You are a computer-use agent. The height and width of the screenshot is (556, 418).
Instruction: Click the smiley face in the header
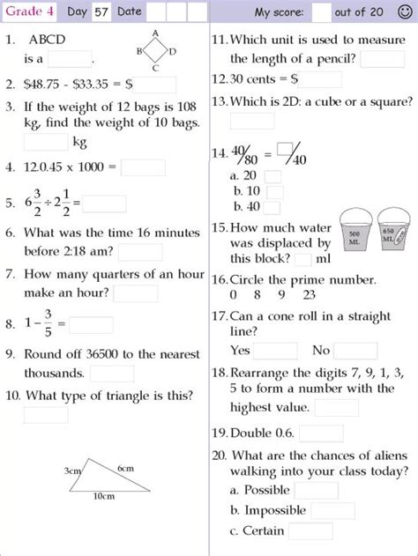405,12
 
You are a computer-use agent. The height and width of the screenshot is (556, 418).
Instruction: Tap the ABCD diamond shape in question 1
156,51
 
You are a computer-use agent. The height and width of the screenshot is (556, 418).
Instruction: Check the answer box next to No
355,350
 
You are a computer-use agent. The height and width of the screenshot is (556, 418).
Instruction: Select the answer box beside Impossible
332,510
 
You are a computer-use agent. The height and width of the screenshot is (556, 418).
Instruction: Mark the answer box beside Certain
315,531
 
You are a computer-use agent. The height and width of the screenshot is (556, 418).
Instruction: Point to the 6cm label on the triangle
124,467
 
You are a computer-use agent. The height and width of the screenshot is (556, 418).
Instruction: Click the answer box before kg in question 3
46,142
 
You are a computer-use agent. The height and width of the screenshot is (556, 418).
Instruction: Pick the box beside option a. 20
272,176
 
